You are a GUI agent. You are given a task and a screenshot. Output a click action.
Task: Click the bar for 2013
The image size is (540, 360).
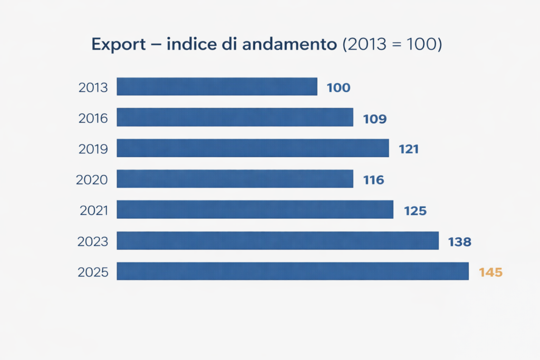pyautogui.click(x=217, y=86)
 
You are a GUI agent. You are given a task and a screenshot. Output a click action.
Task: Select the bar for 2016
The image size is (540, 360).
pyautogui.click(x=235, y=117)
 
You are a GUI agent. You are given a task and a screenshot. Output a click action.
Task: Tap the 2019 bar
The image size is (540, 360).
pyautogui.click(x=253, y=148)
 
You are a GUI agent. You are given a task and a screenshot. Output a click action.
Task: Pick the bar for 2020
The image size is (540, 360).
pyautogui.click(x=235, y=179)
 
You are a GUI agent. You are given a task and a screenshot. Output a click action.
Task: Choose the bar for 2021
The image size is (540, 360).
pyautogui.click(x=255, y=209)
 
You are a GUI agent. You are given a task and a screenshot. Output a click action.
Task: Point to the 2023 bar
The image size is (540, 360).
pyautogui.click(x=277, y=240)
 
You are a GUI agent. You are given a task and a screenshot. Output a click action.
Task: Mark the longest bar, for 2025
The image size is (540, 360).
pyautogui.click(x=293, y=271)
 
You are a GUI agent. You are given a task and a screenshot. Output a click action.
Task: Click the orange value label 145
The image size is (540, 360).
pyautogui.click(x=490, y=273)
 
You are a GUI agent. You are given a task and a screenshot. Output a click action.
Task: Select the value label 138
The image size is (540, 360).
pyautogui.click(x=459, y=242)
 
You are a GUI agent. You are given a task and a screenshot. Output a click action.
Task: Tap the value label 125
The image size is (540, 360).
pyautogui.click(x=415, y=211)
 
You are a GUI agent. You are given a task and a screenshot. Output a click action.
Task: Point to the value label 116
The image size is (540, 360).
pyautogui.click(x=373, y=180)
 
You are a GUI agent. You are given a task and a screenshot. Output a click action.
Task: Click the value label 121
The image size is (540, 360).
pyautogui.click(x=409, y=149)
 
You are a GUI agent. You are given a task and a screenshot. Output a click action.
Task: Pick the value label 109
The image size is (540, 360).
pyautogui.click(x=375, y=119)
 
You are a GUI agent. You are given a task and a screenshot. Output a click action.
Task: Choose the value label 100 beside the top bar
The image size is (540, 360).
pyautogui.click(x=338, y=88)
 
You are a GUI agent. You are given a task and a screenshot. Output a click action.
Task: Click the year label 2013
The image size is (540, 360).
pyautogui.click(x=93, y=87)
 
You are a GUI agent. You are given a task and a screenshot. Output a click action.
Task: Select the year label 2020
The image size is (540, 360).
pyautogui.click(x=92, y=180)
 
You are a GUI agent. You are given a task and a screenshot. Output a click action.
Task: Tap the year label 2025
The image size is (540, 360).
pyautogui.click(x=93, y=273)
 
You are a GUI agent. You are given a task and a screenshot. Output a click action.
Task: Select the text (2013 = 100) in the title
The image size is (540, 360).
pyautogui.click(x=392, y=45)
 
